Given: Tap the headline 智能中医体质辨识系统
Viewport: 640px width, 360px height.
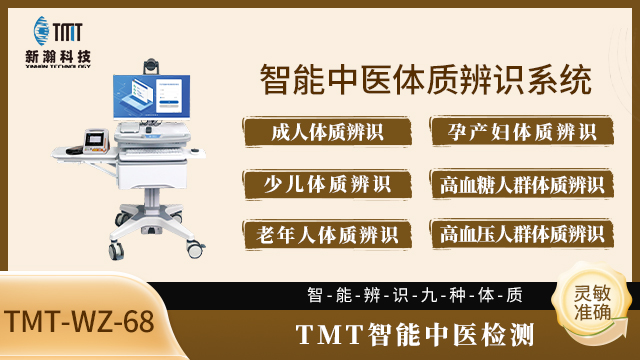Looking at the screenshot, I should coord(419,77).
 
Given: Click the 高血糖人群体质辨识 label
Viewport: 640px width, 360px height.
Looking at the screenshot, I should coord(520,184).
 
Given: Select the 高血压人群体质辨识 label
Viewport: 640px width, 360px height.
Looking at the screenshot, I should coord(520,234).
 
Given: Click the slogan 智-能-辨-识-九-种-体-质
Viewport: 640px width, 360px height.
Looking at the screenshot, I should coord(415,295).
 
